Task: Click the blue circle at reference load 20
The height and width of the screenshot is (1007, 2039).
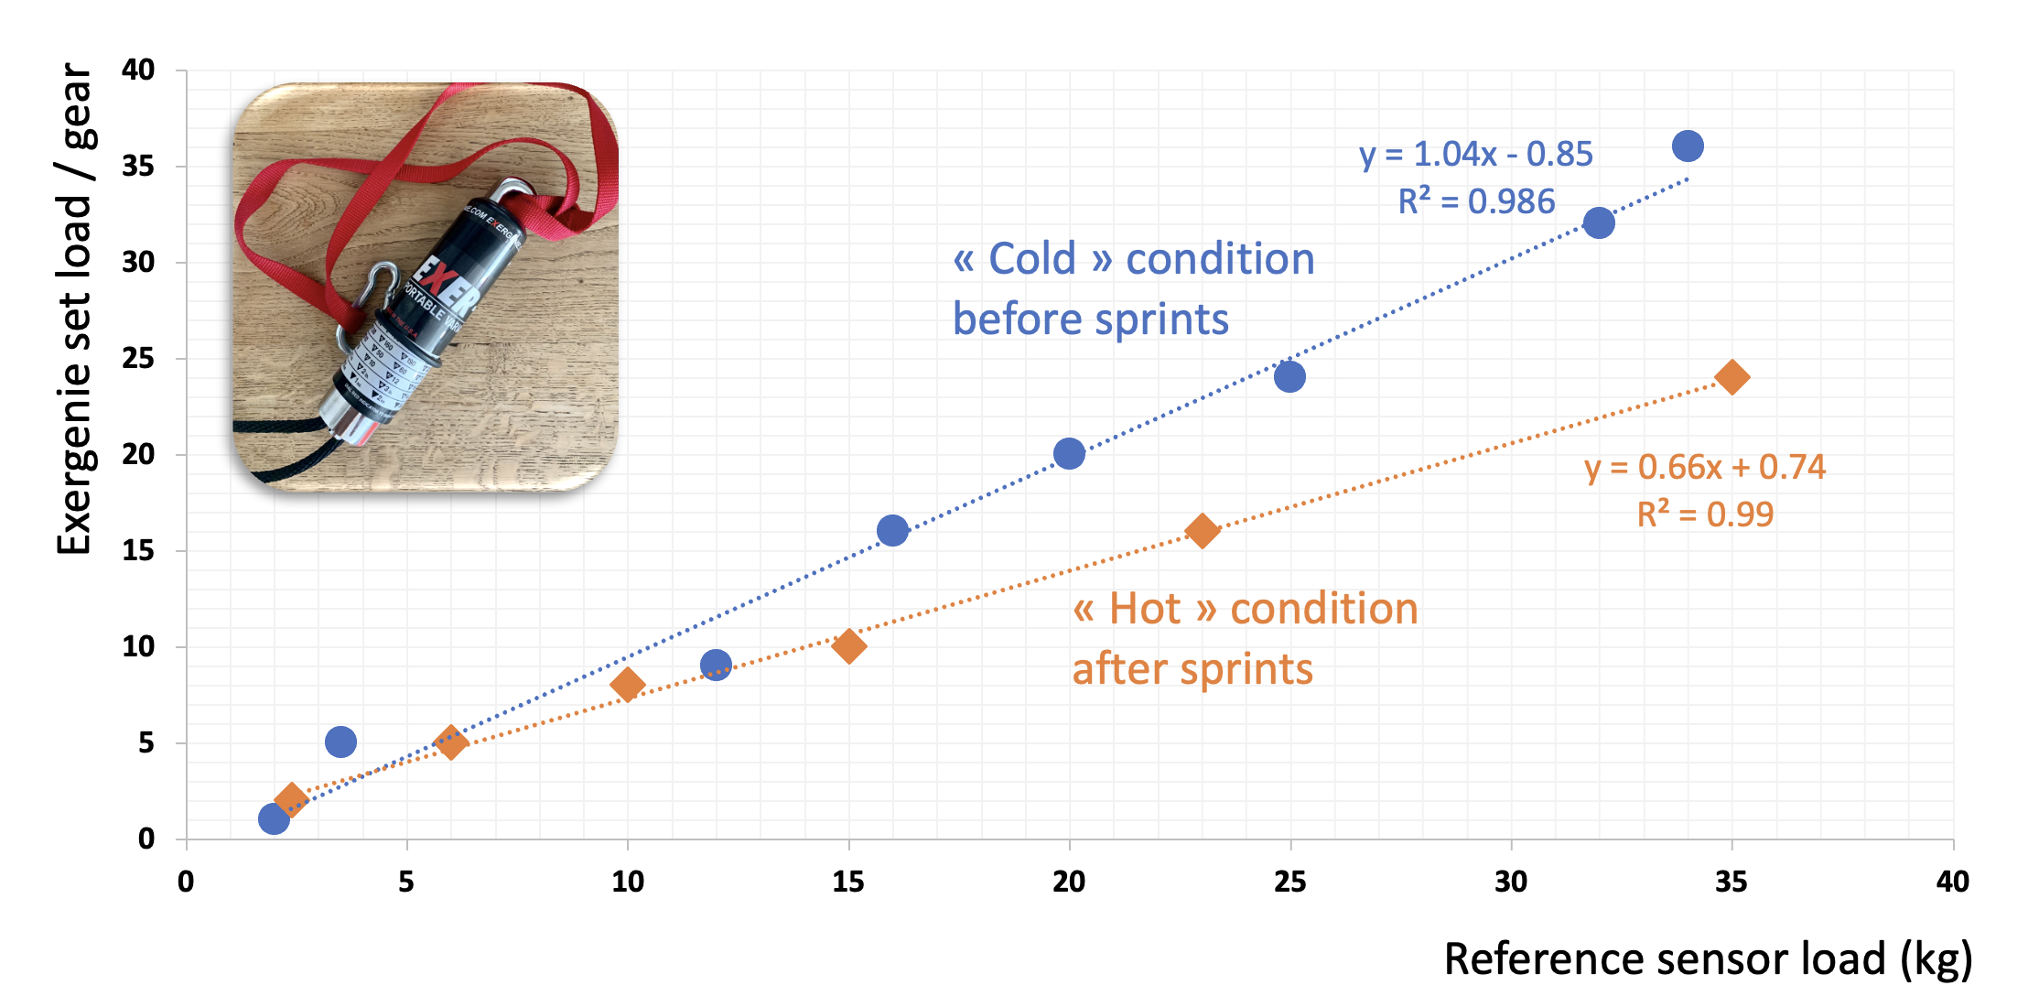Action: tap(1069, 453)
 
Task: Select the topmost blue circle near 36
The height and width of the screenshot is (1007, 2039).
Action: tap(1688, 146)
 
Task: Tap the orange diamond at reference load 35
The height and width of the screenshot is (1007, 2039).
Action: tap(1732, 376)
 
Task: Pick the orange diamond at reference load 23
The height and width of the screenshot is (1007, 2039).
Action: tap(1202, 530)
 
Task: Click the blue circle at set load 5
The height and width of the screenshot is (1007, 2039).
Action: tap(340, 742)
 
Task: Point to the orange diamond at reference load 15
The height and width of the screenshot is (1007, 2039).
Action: tap(848, 646)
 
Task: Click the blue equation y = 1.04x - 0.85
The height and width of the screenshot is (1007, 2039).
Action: tap(1475, 154)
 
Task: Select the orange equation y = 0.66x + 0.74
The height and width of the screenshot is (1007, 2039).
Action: tap(1704, 467)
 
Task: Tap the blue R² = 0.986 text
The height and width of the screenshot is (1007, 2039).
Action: tap(1475, 201)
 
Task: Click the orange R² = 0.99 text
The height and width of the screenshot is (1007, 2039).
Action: tap(1704, 514)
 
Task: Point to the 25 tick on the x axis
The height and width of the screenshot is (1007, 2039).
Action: tap(1289, 882)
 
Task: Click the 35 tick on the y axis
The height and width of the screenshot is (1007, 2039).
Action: tap(138, 166)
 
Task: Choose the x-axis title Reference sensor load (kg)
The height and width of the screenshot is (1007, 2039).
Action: tap(1707, 959)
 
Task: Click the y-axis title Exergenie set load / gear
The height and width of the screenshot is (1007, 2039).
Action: tap(75, 309)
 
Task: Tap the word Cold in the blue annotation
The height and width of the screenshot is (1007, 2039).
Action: tap(1032, 259)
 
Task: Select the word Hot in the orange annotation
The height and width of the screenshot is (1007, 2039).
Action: tap(1144, 609)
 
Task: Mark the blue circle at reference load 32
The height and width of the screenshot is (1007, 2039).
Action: tap(1599, 222)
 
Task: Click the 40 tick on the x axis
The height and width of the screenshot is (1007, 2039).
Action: tap(1952, 882)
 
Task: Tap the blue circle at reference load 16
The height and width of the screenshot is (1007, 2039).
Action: tap(892, 530)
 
